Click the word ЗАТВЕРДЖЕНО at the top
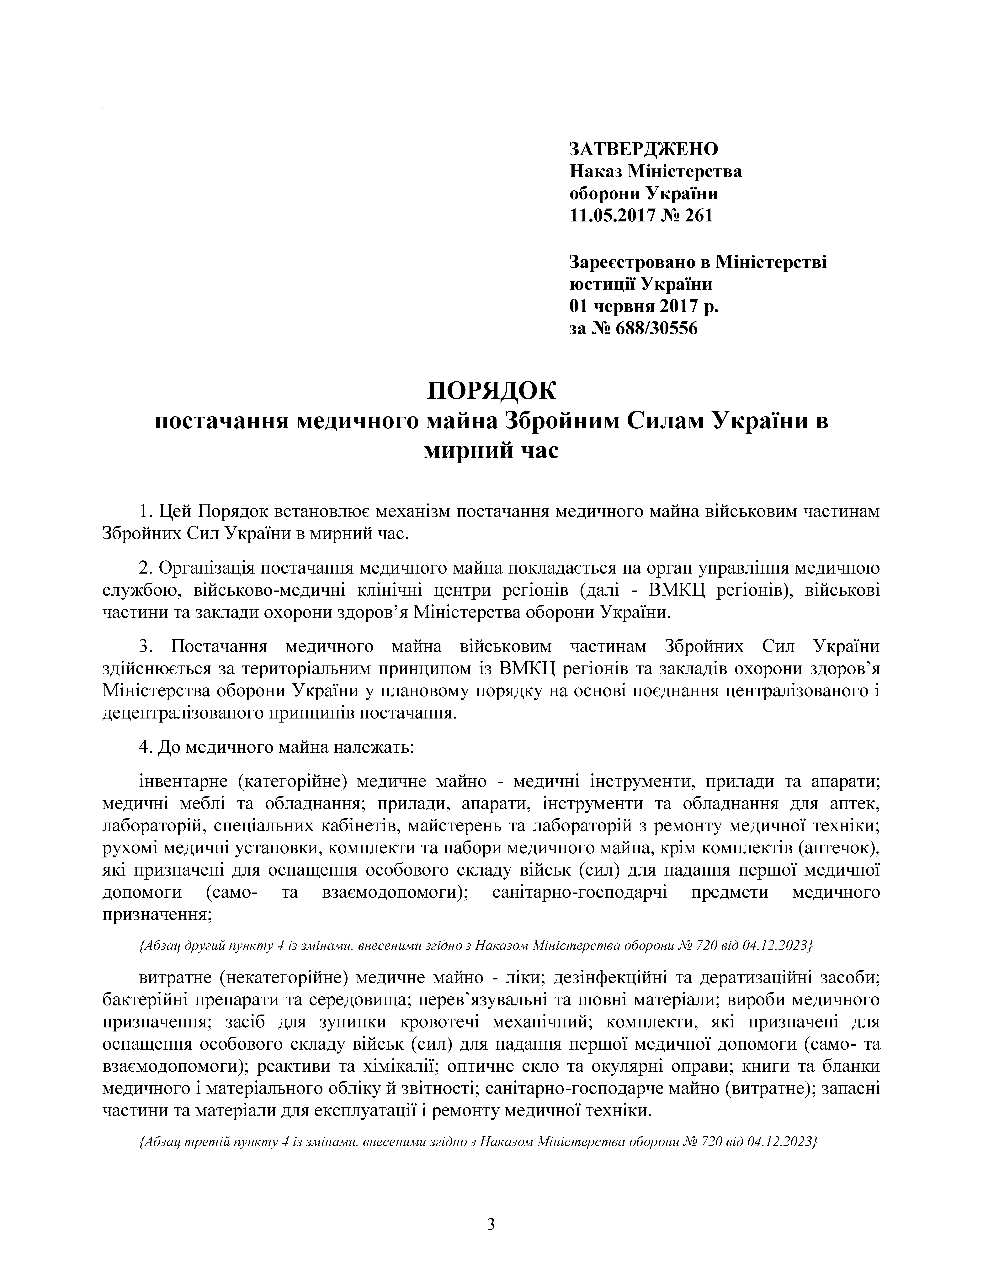coord(644,149)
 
